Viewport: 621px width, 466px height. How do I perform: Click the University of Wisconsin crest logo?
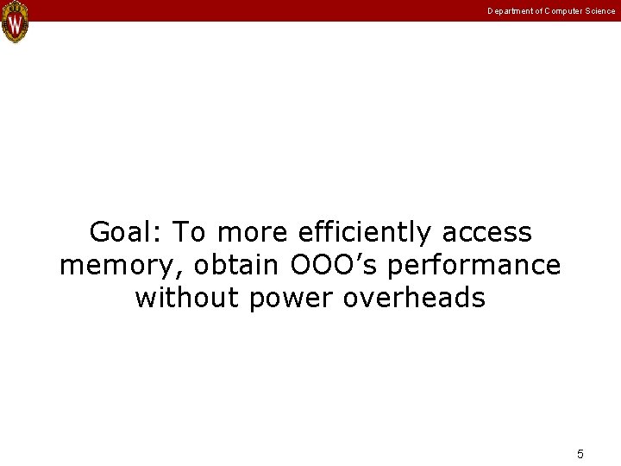click(15, 22)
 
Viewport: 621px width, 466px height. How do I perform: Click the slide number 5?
click(580, 454)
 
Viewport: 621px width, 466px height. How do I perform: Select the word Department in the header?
click(507, 11)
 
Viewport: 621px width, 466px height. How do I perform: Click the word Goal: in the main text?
click(126, 232)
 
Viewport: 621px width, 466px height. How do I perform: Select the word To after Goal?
click(191, 232)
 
